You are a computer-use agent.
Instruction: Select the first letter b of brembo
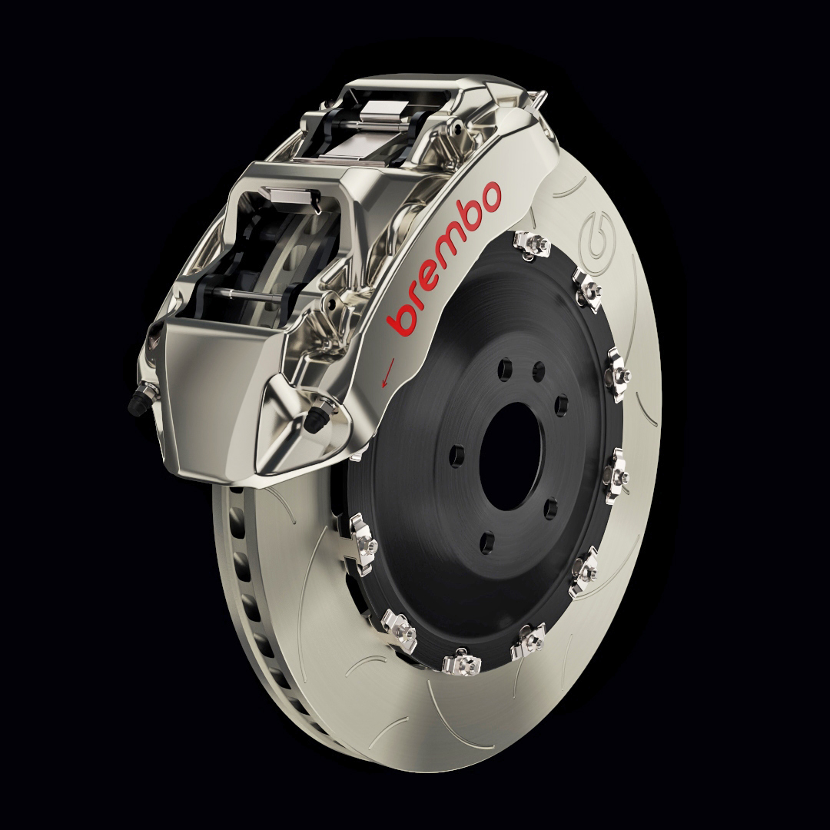pyautogui.click(x=403, y=319)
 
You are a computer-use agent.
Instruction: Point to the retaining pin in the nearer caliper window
pyautogui.click(x=254, y=295)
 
